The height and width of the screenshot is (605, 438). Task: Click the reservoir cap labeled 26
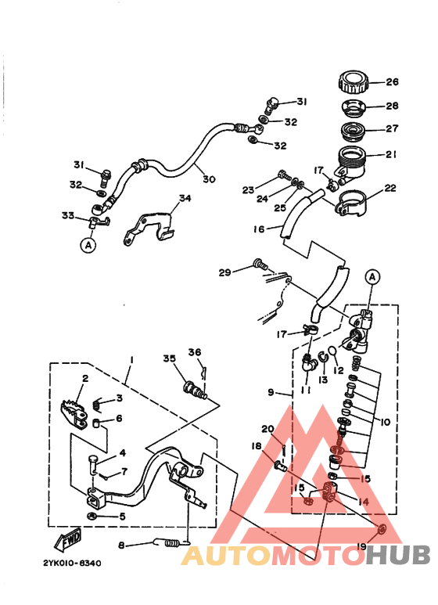(x=353, y=81)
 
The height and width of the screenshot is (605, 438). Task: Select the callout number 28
(x=392, y=106)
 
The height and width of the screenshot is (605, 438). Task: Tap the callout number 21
(x=392, y=154)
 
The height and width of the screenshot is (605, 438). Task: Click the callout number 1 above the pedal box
(x=132, y=359)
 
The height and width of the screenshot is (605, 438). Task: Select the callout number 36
(x=194, y=352)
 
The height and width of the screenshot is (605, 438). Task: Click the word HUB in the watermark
(x=400, y=555)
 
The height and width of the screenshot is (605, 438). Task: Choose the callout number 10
(x=386, y=422)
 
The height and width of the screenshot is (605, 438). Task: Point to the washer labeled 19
(x=380, y=531)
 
